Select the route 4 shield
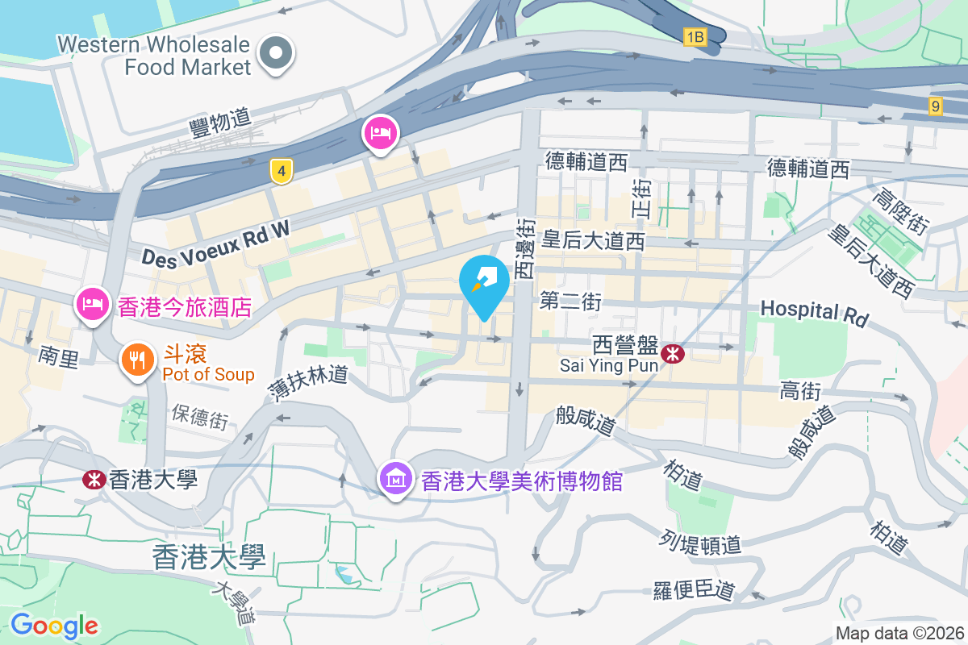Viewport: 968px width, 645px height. (x=281, y=171)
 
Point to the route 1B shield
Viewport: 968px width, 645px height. (x=695, y=36)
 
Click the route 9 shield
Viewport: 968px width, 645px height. (x=935, y=106)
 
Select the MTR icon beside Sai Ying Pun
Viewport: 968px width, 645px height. (x=671, y=352)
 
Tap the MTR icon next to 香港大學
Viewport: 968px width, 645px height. (x=94, y=480)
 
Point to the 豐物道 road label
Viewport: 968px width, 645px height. (x=219, y=123)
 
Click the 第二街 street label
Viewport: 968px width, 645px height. (x=571, y=302)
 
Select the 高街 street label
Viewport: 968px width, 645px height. (x=800, y=392)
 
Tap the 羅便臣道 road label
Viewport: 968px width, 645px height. (x=694, y=590)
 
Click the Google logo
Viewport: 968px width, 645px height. (x=54, y=626)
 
